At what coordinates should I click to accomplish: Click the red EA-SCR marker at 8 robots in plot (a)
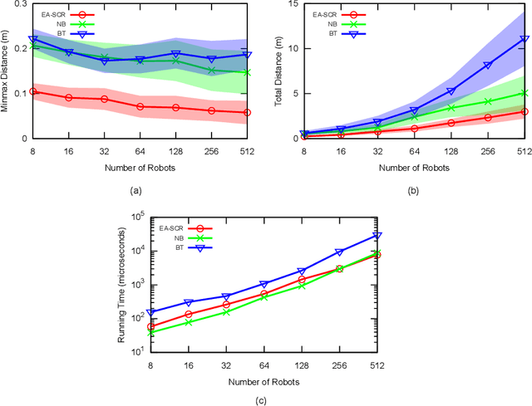pyautogui.click(x=32, y=91)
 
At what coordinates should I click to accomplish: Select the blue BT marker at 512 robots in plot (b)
pyautogui.click(x=524, y=38)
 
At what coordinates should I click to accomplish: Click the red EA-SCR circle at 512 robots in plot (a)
pyautogui.click(x=246, y=112)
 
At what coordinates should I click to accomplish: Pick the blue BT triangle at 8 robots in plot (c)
pyautogui.click(x=127, y=313)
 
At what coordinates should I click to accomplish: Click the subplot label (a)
pyautogui.click(x=139, y=190)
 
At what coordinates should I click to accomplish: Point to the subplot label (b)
pyautogui.click(x=414, y=190)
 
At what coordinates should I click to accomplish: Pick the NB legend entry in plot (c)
pyautogui.click(x=176, y=237)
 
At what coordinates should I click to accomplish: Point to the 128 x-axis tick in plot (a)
pyautogui.click(x=175, y=150)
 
